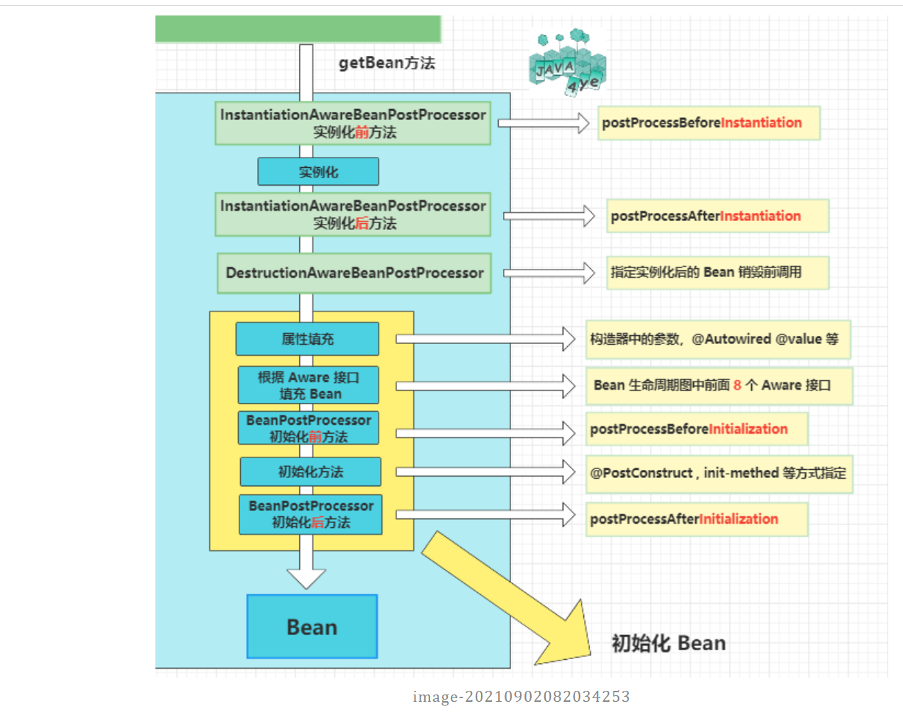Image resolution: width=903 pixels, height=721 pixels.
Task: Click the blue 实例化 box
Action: point(318,172)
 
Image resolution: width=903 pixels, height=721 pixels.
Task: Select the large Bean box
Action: point(312,627)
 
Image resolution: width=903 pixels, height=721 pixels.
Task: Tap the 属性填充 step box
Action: point(307,339)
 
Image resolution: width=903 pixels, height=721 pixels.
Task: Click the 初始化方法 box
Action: point(311,471)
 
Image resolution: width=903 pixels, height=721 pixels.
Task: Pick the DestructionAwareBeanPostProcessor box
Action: point(354,273)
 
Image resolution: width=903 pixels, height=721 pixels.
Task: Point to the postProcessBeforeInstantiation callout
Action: point(709,123)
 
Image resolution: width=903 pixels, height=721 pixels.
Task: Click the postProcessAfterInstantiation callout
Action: point(717,217)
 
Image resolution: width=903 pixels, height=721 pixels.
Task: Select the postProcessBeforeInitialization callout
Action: point(697,429)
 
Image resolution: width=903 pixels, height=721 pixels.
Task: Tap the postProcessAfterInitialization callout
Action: point(697,519)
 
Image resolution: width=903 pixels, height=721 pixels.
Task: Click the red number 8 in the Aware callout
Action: point(737,384)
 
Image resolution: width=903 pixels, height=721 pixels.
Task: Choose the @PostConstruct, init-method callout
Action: point(718,473)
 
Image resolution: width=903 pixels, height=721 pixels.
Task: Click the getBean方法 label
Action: point(387,63)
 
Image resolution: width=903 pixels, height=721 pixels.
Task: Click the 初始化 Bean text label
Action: point(669,643)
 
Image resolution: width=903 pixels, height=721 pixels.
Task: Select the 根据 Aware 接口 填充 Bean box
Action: point(309,385)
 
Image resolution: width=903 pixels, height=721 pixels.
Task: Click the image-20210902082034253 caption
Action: point(521,697)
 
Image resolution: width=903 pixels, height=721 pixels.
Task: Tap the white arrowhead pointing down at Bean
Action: point(306,577)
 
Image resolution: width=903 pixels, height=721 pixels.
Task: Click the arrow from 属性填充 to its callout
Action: point(486,340)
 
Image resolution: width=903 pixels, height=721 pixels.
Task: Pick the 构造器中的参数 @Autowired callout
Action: point(717,340)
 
